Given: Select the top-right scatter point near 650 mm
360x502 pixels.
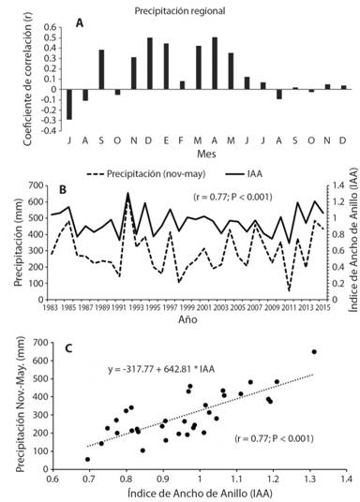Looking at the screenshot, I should click(x=314, y=352).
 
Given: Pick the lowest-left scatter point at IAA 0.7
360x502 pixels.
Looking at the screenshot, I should click(x=87, y=459).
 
